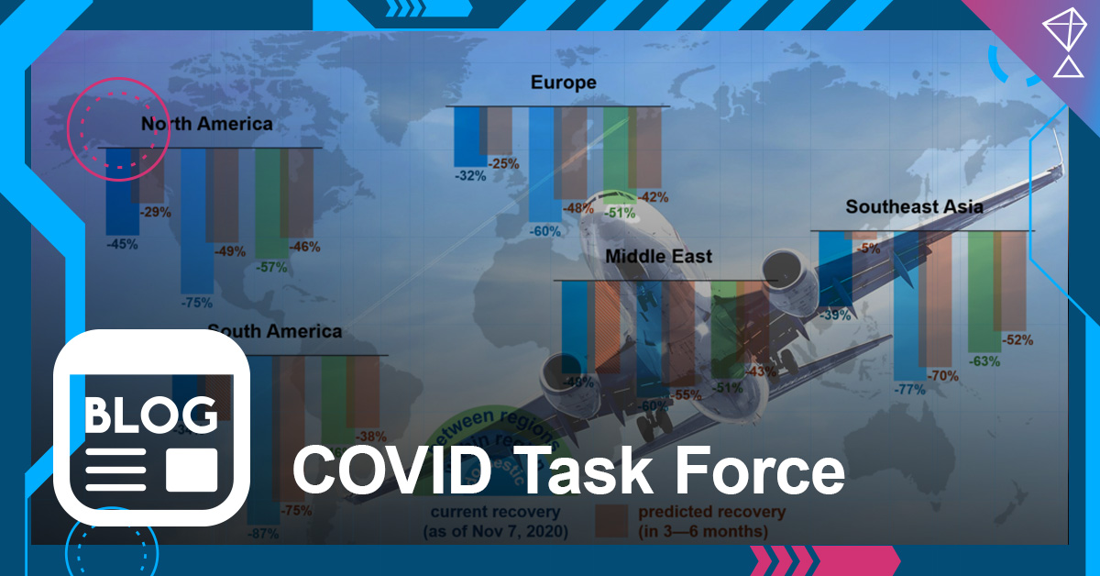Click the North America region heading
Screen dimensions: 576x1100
coord(206,124)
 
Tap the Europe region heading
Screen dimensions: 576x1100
coord(563,83)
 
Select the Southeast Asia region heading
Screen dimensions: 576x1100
coord(914,206)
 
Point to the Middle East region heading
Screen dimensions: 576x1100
coord(658,257)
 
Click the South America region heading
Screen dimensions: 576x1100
coord(274,331)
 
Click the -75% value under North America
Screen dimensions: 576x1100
coord(196,302)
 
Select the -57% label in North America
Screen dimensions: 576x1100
coord(271,268)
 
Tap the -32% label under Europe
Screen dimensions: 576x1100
coord(470,176)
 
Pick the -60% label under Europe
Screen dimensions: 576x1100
coord(544,231)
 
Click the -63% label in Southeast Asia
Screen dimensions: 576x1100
coord(984,361)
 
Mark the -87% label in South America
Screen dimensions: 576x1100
coord(263,534)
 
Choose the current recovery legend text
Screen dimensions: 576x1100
coord(495,521)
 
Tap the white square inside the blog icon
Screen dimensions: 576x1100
coord(192,470)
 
